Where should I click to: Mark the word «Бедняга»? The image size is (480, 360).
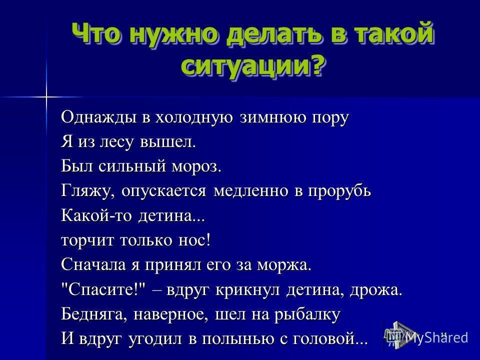click(93, 314)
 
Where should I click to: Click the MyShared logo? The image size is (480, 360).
click(426, 335)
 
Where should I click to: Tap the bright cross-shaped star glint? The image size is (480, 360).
click(46, 97)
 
